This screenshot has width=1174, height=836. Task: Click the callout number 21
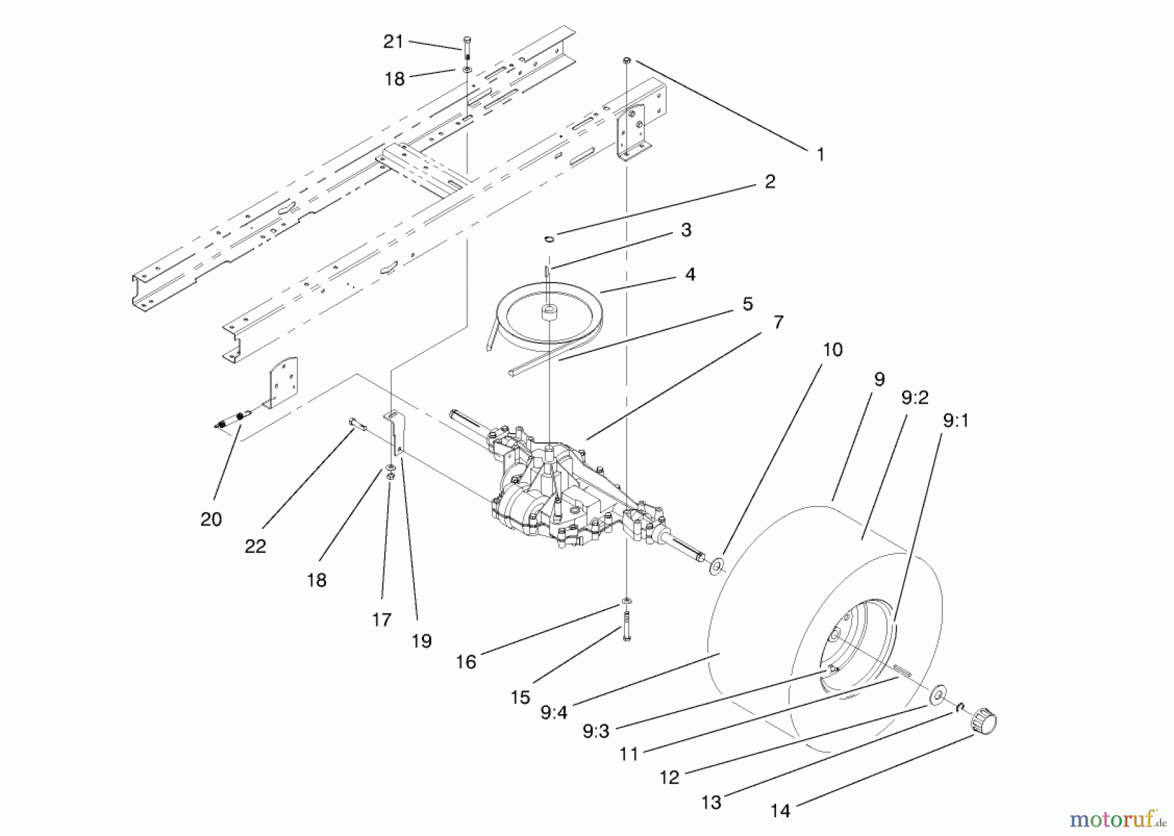point(393,42)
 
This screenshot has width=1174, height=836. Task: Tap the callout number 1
point(820,155)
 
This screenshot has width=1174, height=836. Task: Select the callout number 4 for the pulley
point(690,275)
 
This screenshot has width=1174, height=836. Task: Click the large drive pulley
point(548,320)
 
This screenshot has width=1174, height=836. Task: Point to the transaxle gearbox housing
point(561,496)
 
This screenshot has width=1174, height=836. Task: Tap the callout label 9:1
point(956,421)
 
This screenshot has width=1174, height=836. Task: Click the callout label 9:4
point(554,713)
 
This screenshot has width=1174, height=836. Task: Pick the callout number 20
point(211,519)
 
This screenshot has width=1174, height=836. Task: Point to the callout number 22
point(255,546)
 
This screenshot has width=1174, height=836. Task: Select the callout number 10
point(832,350)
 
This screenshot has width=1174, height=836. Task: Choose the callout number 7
point(778,322)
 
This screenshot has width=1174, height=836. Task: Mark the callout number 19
point(421,641)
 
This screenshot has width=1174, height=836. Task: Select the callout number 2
point(770,182)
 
